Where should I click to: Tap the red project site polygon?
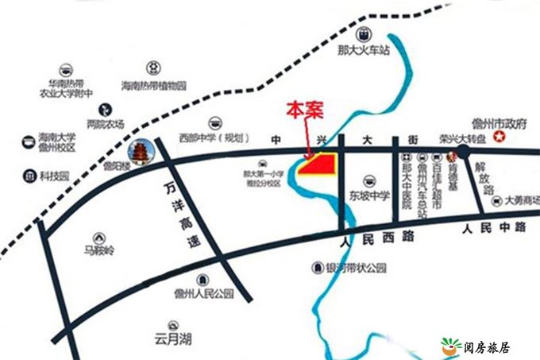(322, 165)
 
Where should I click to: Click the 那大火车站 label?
(364, 50)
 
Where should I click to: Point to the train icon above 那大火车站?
(364, 34)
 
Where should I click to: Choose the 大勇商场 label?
(520, 200)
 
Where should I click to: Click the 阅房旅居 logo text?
(486, 347)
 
